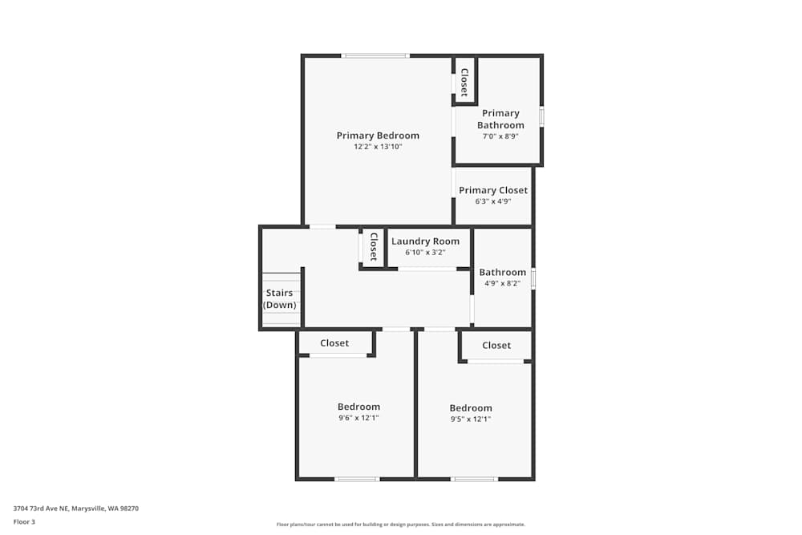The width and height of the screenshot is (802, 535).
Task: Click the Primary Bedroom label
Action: click(378, 136)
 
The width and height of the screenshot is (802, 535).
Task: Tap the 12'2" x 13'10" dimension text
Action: click(378, 147)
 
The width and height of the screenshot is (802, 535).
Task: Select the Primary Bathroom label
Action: click(500, 119)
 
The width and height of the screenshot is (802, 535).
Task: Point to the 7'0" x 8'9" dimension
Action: click(500, 136)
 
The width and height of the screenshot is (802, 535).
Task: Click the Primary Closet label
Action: click(493, 190)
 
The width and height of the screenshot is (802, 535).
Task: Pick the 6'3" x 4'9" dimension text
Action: click(493, 201)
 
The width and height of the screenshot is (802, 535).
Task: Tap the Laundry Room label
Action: click(425, 241)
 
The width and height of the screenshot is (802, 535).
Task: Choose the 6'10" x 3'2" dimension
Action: click(425, 252)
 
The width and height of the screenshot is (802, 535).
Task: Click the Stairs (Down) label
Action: click(280, 298)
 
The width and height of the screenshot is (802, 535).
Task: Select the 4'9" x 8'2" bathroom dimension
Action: click(503, 283)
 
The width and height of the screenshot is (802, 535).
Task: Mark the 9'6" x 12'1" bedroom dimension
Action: click(358, 418)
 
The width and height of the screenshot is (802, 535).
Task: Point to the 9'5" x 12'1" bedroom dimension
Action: click(471, 419)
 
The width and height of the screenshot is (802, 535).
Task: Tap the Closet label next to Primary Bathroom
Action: click(464, 82)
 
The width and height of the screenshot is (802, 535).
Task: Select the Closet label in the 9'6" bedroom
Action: click(334, 342)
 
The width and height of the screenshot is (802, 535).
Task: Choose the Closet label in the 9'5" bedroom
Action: click(496, 345)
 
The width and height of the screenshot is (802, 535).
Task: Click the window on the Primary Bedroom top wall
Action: click(375, 55)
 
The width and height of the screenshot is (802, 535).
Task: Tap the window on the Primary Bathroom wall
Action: click(541, 116)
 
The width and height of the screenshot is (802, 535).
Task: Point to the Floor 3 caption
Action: click(24, 521)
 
